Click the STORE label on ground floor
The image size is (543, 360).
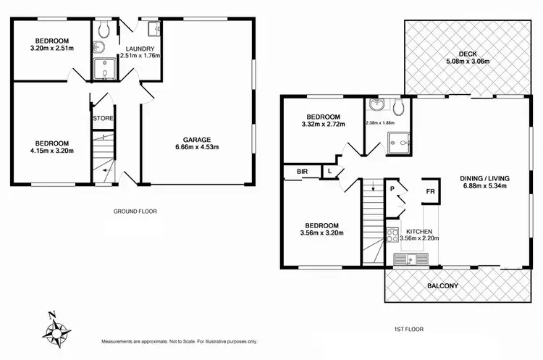click(x=102, y=117)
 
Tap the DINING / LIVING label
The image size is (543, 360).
click(x=494, y=180)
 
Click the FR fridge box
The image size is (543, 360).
click(x=430, y=192)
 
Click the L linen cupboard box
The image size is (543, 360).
click(x=329, y=172)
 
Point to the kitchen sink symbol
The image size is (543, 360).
click(x=411, y=259)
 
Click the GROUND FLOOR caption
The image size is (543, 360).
click(x=135, y=212)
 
